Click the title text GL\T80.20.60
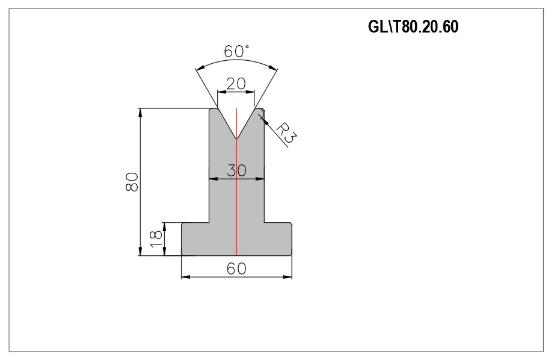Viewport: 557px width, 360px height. point(413,26)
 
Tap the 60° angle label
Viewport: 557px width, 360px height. point(236,51)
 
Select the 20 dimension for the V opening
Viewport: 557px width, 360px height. point(236,84)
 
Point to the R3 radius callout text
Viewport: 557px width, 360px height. point(286,132)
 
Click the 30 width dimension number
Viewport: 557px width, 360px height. point(236,170)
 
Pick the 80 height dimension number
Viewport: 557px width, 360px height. point(132,182)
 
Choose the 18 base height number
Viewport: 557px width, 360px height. point(156,239)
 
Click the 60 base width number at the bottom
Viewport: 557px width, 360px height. point(236,268)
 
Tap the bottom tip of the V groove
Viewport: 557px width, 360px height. point(236,138)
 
